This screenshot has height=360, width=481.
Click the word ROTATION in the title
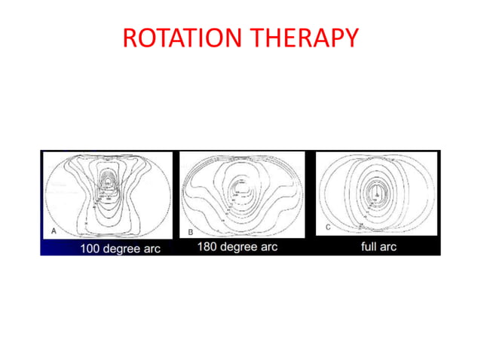pos(182,38)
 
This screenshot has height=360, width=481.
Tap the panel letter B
pos(190,233)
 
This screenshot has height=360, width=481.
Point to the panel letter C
pos(326,227)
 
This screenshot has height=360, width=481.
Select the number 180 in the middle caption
pos(209,247)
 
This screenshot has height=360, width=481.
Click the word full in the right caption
pos(368,246)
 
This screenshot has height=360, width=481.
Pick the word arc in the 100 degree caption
pos(153,249)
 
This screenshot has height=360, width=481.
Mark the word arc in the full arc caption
pos(389,246)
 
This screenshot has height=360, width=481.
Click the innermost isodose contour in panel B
pos(242,183)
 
